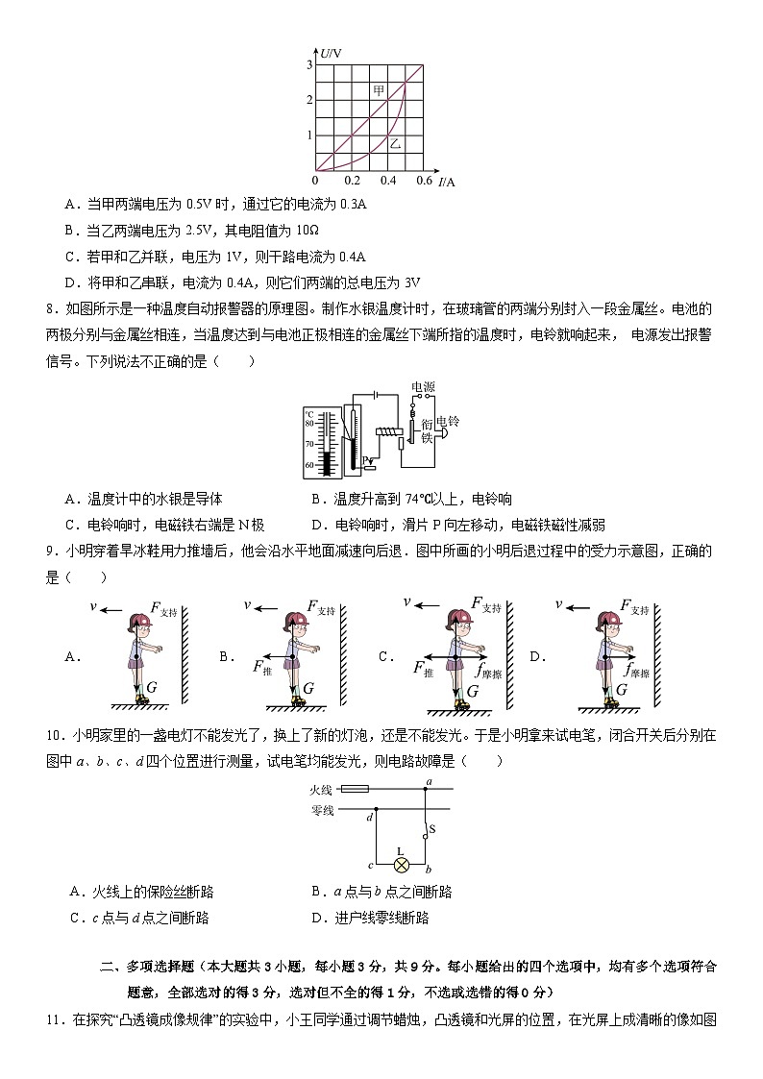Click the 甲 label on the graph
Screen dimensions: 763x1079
[380, 89]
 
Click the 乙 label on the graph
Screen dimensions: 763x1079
[395, 144]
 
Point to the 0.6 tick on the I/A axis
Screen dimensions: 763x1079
[424, 181]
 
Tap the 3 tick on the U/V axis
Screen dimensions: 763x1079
[309, 64]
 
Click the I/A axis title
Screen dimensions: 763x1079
[447, 181]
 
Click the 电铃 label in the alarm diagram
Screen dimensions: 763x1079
[448, 422]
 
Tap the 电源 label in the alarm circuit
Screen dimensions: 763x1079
[423, 387]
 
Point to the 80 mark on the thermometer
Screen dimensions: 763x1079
[309, 423]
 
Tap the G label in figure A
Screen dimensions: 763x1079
[153, 688]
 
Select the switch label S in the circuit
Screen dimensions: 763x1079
[431, 828]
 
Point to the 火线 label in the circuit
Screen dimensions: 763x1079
[321, 789]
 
